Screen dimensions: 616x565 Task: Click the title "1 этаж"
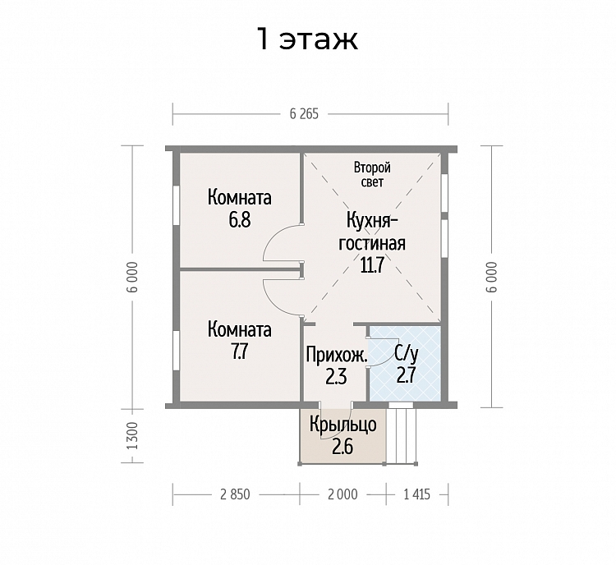click(x=307, y=39)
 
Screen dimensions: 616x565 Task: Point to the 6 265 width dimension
click(x=304, y=114)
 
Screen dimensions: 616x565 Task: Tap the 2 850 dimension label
click(x=235, y=494)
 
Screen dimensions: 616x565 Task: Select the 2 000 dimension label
click(x=342, y=494)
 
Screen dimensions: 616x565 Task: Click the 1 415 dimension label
click(x=416, y=494)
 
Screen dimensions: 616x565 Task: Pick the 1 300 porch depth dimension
click(x=133, y=436)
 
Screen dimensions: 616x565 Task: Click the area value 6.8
click(x=240, y=220)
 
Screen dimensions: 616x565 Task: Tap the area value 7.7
click(x=239, y=351)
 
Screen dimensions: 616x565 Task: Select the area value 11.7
click(x=371, y=265)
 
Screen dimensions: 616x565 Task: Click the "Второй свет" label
click(x=372, y=174)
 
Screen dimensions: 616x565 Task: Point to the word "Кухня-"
click(x=372, y=221)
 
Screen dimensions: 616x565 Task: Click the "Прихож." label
click(x=337, y=355)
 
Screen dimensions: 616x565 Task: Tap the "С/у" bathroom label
click(x=407, y=355)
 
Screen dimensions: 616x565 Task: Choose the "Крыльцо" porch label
click(x=343, y=425)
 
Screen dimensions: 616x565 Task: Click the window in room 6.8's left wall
click(x=177, y=205)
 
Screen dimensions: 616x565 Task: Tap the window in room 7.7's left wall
click(x=177, y=350)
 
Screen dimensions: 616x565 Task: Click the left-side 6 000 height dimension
click(x=133, y=277)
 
